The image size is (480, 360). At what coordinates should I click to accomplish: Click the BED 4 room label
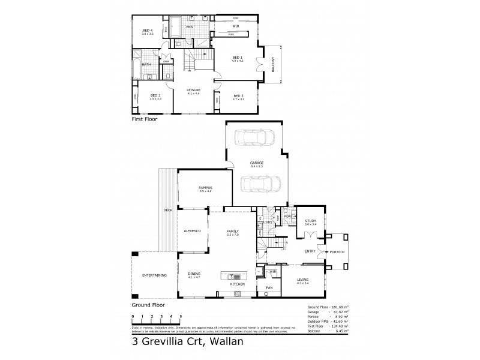coord(148,31)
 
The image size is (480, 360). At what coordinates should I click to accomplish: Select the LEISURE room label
coord(193,91)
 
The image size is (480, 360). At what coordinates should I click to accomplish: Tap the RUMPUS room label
coord(205,188)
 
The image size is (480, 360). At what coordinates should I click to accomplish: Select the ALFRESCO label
coord(191,230)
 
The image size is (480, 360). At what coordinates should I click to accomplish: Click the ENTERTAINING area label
coord(154,275)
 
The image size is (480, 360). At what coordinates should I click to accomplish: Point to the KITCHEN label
coord(237,283)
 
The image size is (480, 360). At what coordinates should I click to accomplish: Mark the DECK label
coord(168,210)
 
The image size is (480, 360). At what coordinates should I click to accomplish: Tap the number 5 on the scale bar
coord(181,316)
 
